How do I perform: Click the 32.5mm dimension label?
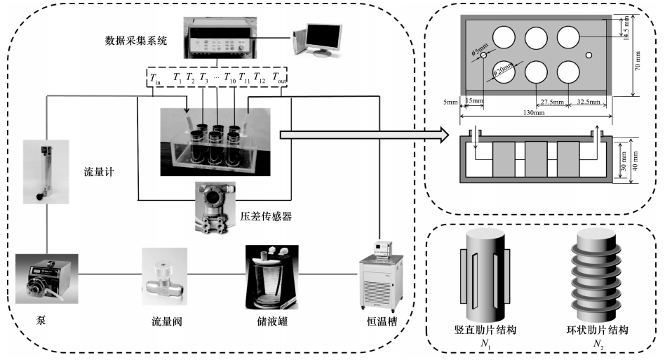coord(587,102)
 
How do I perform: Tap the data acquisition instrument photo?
coord(223,36)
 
